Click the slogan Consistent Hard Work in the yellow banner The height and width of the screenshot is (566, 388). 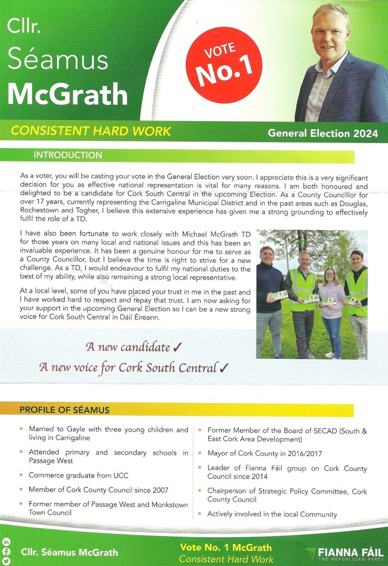coord(91,132)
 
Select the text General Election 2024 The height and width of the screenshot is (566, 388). coord(323,133)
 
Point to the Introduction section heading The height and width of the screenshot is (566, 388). coord(68,155)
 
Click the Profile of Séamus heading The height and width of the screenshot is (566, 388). coord(65,410)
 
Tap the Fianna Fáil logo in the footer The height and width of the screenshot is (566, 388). coord(344,552)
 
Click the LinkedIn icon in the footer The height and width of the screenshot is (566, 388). coord(7,542)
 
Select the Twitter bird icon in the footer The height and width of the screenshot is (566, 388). coord(7,560)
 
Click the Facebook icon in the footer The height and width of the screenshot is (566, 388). coord(7,551)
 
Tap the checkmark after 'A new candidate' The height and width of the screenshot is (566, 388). coord(177,348)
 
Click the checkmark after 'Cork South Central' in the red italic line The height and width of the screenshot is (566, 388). coord(224,368)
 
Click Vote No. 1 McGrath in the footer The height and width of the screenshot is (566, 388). coord(226,548)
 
